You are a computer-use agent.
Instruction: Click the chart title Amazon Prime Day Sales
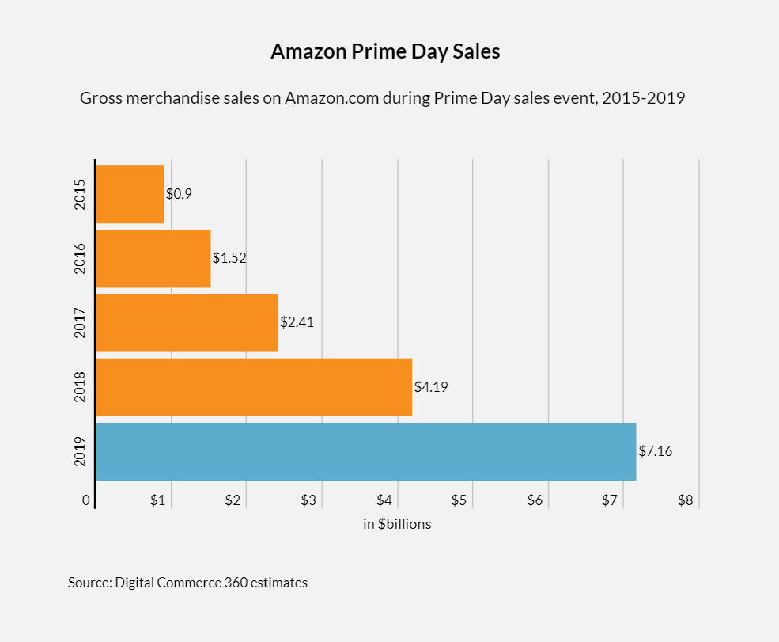(x=385, y=52)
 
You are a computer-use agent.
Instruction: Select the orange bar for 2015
(x=130, y=195)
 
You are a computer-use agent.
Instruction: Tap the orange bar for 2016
(x=153, y=259)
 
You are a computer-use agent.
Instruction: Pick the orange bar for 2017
(x=187, y=323)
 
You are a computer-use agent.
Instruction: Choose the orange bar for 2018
(x=254, y=387)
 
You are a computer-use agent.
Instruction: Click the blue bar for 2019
(x=365, y=451)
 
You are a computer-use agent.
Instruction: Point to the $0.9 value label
(x=179, y=194)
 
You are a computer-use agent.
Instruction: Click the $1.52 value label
(x=229, y=258)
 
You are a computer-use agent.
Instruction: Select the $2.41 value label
(x=297, y=322)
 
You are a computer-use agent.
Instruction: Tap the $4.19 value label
(x=431, y=387)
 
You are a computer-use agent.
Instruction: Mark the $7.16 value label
(x=656, y=451)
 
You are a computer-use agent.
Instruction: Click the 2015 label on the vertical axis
(x=80, y=195)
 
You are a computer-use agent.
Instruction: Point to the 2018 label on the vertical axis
(x=80, y=387)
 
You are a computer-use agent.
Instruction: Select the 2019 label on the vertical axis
(x=80, y=451)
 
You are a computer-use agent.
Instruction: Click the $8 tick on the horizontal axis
(x=685, y=501)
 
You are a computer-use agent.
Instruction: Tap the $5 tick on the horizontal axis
(x=459, y=501)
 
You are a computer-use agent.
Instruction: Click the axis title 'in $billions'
(x=397, y=524)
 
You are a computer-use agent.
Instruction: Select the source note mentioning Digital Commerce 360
(x=187, y=583)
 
